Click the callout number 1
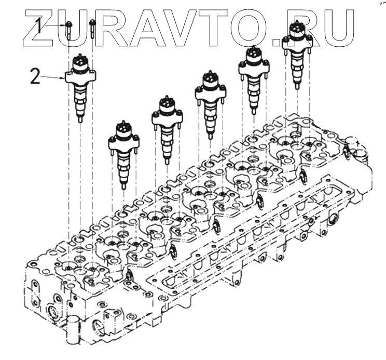[38, 25]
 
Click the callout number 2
[35, 76]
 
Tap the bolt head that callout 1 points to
[68, 24]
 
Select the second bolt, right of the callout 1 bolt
[92, 29]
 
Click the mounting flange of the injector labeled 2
[80, 76]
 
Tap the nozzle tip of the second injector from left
[124, 185]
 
